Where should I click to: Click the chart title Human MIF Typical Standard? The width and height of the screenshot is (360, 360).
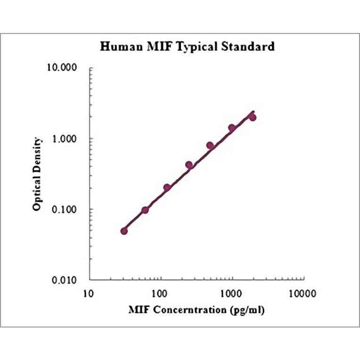(187, 47)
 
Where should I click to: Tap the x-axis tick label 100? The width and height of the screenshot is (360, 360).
(160, 295)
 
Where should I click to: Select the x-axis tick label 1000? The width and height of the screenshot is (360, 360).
(231, 295)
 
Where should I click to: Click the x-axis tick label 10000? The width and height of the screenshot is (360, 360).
(302, 295)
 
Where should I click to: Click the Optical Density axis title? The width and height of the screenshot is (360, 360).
(38, 174)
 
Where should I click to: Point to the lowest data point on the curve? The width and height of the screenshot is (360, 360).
(124, 231)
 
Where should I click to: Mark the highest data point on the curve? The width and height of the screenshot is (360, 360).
(253, 117)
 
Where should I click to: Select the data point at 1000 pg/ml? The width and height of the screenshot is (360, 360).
(232, 128)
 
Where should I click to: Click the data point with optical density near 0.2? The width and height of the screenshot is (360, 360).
(167, 188)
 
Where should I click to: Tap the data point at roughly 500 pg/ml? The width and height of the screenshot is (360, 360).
(210, 146)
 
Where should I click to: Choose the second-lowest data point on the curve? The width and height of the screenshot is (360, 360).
(145, 210)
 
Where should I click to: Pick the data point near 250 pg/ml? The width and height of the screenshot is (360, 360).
(189, 165)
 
